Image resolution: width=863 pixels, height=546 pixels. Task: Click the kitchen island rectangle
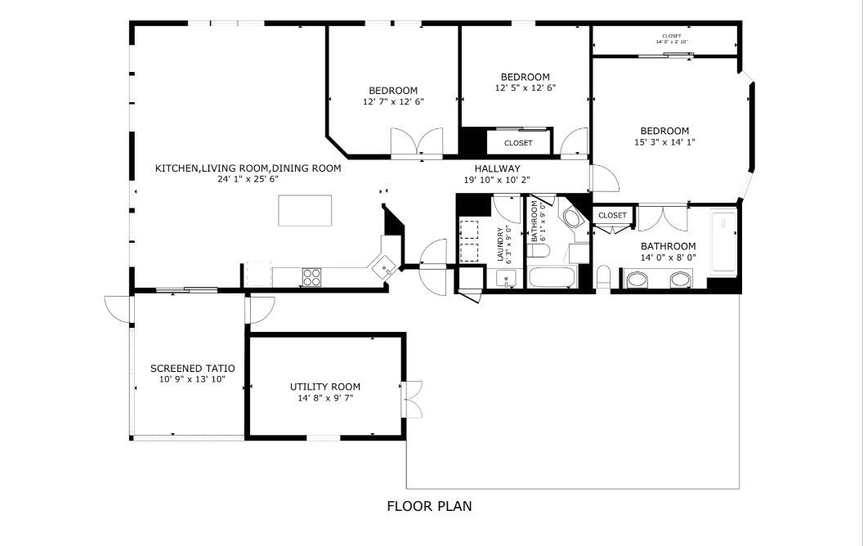[305, 210]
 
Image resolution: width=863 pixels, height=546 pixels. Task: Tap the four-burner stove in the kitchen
[312, 277]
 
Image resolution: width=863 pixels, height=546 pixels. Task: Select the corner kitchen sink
[382, 266]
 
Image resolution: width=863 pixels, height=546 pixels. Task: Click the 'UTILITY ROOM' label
[325, 387]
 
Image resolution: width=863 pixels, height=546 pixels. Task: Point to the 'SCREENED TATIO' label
[192, 369]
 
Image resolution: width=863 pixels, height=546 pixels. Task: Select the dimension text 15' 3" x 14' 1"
[664, 142]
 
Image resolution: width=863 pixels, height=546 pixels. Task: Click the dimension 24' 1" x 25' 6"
[248, 179]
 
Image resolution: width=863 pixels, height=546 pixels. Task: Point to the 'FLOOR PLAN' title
[429, 506]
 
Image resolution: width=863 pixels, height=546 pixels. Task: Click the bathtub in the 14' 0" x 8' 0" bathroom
[723, 242]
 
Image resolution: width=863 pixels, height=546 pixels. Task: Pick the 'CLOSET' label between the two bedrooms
[518, 143]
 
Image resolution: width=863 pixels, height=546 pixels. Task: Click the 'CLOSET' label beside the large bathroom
[612, 216]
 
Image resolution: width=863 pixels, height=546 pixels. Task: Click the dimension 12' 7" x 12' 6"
[393, 101]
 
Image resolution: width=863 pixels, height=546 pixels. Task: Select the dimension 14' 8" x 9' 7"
[325, 398]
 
